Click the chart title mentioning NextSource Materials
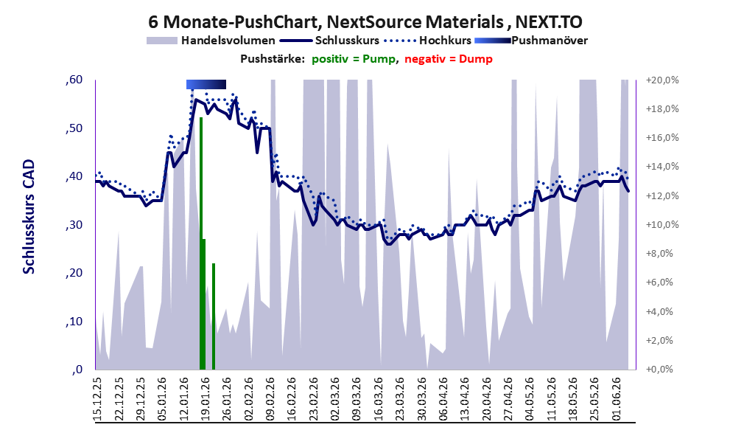[x=365, y=21]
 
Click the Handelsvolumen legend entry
[x=211, y=41]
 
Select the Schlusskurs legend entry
[x=329, y=41]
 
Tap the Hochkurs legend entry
[x=427, y=41]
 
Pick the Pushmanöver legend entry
[x=531, y=41]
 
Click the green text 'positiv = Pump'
[x=354, y=59]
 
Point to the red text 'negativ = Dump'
[x=449, y=59]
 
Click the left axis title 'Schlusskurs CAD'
[x=29, y=217]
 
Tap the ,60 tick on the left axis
[x=74, y=80]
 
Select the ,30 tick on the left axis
[x=74, y=225]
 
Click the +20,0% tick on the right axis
[x=662, y=80]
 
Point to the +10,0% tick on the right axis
[x=662, y=225]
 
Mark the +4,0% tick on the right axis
[x=659, y=311]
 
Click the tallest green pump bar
[x=201, y=243]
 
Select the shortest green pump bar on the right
[x=214, y=316]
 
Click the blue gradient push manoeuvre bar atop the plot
[x=206, y=84]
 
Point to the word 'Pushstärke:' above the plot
[x=273, y=59]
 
